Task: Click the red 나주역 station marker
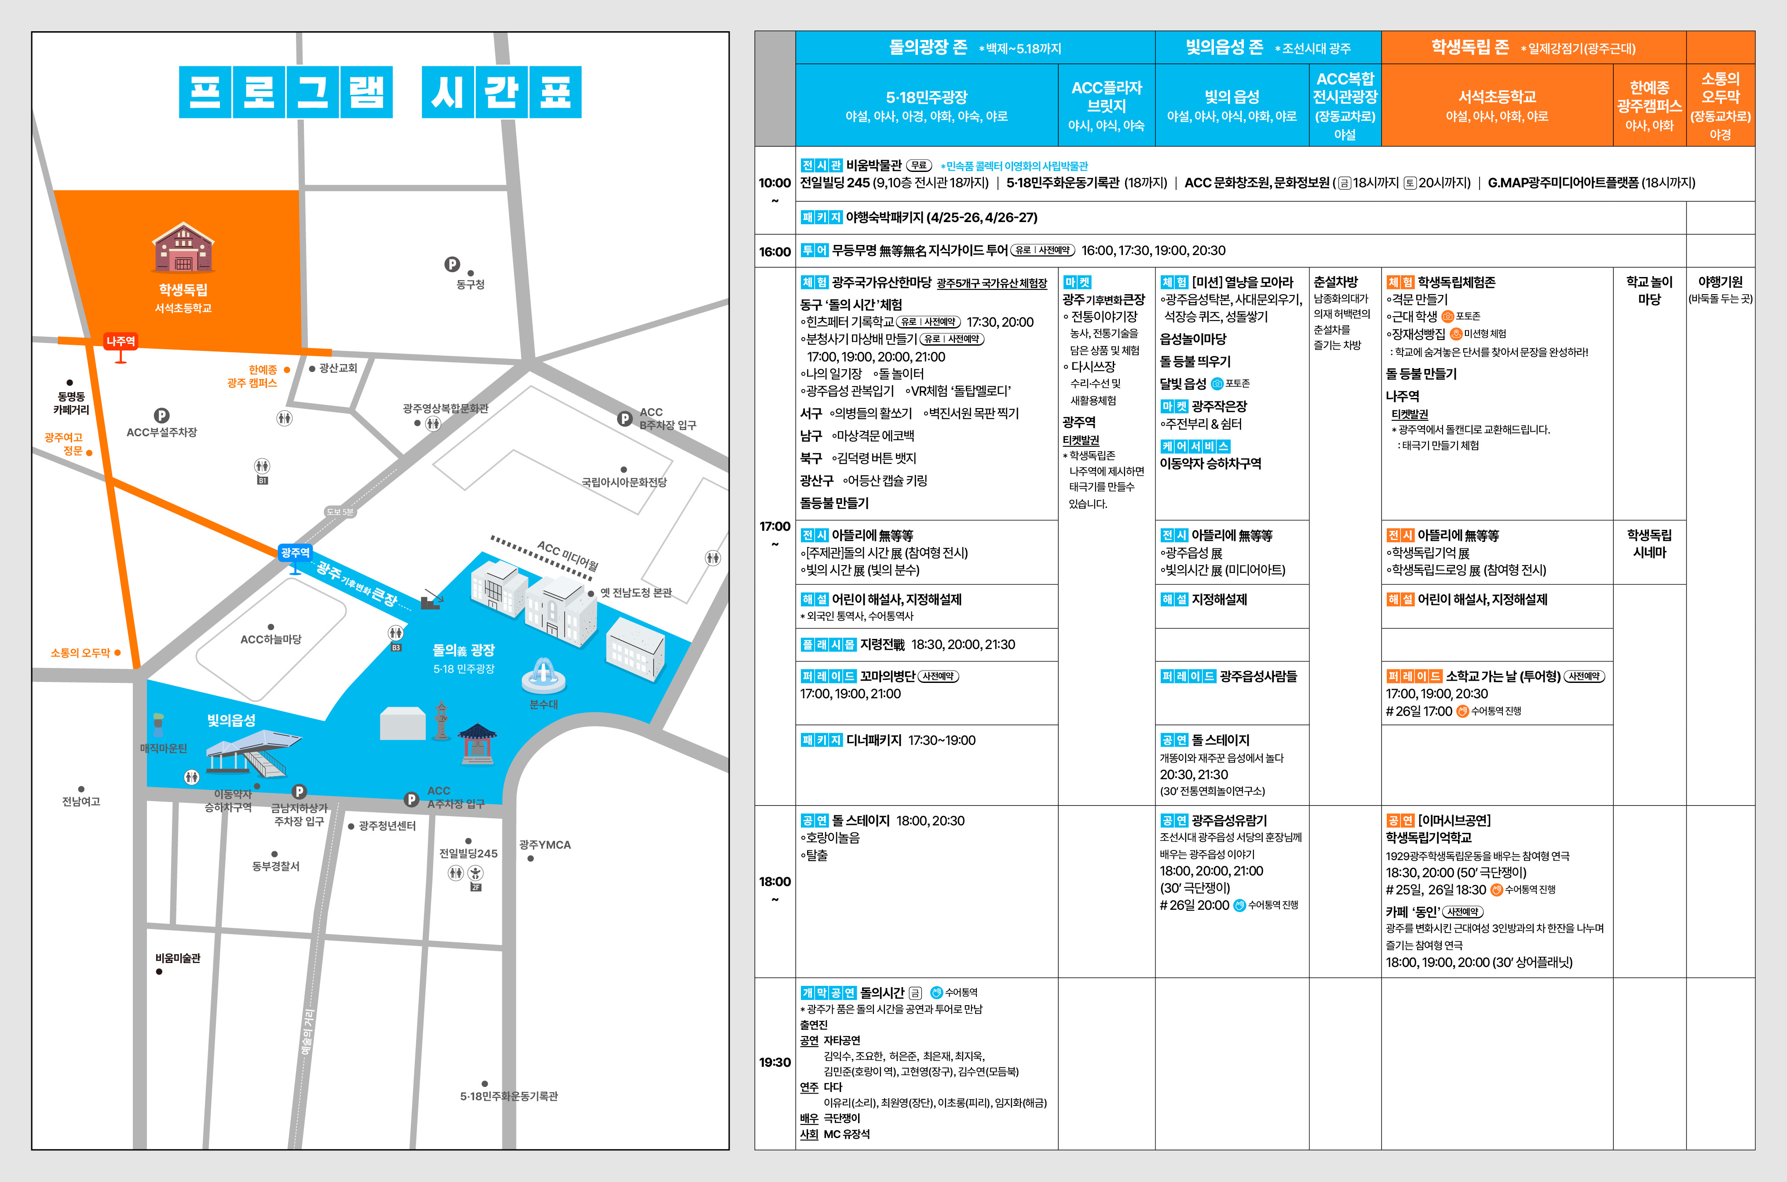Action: pyautogui.click(x=121, y=342)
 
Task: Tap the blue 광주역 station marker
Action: pyautogui.click(x=295, y=553)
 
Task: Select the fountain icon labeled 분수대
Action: pyautogui.click(x=544, y=675)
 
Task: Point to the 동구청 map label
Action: pyautogui.click(x=471, y=284)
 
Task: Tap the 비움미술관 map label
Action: pyautogui.click(x=178, y=958)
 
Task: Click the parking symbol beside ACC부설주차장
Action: pyautogui.click(x=161, y=416)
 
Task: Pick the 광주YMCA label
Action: pyautogui.click(x=545, y=845)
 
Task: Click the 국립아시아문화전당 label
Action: pyautogui.click(x=624, y=482)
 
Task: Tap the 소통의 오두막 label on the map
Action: pyautogui.click(x=80, y=653)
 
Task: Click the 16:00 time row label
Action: pyautogui.click(x=775, y=252)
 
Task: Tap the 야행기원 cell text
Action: pyautogui.click(x=1720, y=282)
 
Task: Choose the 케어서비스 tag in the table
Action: pyautogui.click(x=1195, y=446)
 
